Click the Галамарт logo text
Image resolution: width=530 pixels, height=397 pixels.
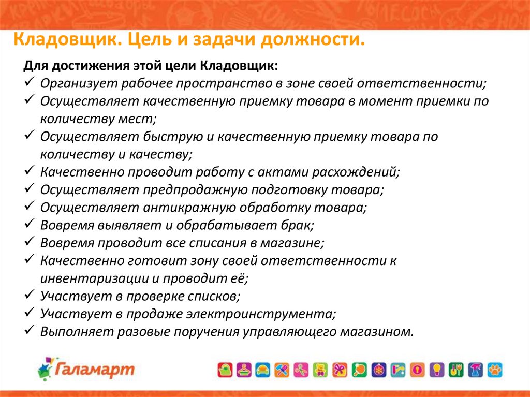click(95, 369)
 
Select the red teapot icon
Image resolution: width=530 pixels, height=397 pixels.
click(225, 370)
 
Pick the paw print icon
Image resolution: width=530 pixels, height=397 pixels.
click(495, 370)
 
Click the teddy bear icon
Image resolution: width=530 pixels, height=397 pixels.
click(320, 370)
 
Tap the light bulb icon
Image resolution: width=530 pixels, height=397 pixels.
click(436, 370)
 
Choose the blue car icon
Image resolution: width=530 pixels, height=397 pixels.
click(262, 370)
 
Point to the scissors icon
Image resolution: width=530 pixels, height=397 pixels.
click(301, 370)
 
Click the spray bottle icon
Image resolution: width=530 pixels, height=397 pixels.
click(475, 370)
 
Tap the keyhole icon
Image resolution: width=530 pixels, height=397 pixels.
click(417, 370)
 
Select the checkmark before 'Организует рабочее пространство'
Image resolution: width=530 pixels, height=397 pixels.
click(30, 81)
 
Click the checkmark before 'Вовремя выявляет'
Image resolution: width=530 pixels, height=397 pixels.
click(30, 223)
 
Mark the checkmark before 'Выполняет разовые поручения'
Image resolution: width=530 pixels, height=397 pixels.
click(30, 329)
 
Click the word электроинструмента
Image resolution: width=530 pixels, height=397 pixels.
click(261, 314)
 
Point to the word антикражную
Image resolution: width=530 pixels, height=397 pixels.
click(189, 207)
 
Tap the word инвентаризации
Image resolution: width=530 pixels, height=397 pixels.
click(95, 278)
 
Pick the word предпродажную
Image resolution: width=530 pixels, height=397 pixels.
click(188, 190)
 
